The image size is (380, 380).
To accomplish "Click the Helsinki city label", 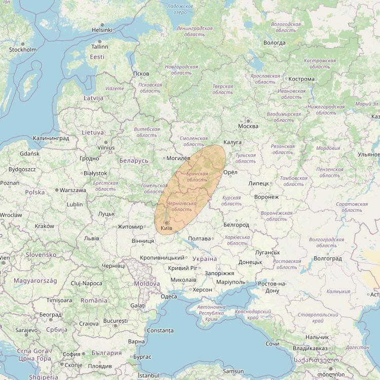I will [x=102, y=30].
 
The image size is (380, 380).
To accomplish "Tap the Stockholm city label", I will [x=23, y=50].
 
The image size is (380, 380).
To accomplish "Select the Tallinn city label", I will [x=100, y=46].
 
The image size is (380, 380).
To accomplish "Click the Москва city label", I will [x=248, y=126].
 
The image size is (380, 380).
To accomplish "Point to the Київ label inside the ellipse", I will [x=166, y=229].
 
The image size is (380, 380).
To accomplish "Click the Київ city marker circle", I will [x=166, y=223].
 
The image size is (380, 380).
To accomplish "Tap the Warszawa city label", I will [x=72, y=191].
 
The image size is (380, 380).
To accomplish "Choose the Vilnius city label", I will [x=106, y=147].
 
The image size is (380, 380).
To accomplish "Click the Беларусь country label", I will [x=134, y=161].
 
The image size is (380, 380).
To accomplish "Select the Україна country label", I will [x=205, y=259].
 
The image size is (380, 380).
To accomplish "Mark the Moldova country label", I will [x=147, y=284].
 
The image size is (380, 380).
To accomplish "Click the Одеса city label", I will [x=168, y=296].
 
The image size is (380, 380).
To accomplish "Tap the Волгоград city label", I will [x=328, y=258].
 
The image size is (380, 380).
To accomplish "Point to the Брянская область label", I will [x=197, y=177].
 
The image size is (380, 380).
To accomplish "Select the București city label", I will [x=115, y=321].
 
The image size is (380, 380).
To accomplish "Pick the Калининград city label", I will [x=51, y=138].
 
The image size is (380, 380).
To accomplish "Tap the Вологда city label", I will [x=275, y=43].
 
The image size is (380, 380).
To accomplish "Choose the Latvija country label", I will [x=93, y=98].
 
